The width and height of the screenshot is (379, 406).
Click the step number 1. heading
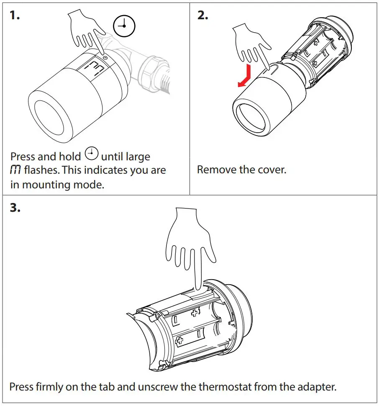click(x=15, y=16)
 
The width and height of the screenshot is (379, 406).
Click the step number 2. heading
click(x=203, y=16)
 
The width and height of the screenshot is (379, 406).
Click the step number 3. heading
click(x=15, y=208)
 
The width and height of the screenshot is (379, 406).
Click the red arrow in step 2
click(x=245, y=76)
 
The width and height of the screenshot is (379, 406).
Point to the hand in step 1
click(x=86, y=36)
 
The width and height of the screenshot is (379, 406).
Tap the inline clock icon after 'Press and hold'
click(x=91, y=154)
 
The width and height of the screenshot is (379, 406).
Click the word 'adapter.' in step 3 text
click(x=315, y=386)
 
